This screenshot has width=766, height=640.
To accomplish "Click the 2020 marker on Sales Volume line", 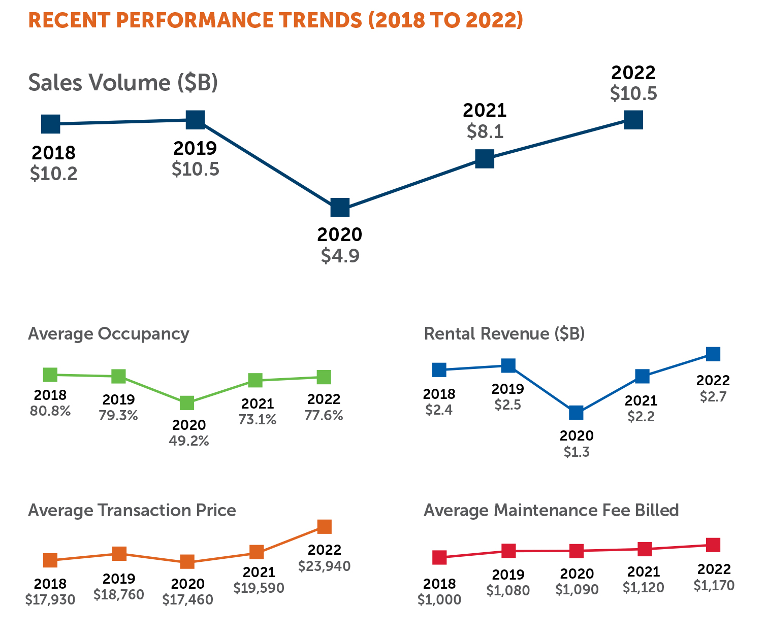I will [x=340, y=208].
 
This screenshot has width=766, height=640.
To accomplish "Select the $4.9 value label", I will [x=340, y=256].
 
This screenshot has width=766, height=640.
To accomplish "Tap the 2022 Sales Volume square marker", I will [x=633, y=120].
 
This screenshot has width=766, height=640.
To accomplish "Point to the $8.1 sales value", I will [x=485, y=132].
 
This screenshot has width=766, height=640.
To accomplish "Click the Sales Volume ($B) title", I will [x=123, y=83].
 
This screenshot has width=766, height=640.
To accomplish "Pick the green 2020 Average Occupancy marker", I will [x=187, y=403].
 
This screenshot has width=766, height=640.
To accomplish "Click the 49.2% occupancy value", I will [x=188, y=441].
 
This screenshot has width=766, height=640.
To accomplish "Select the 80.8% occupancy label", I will [x=50, y=411].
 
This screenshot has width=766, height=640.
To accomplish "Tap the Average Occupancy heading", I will [x=109, y=334].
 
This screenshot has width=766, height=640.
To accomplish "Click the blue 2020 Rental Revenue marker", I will [x=576, y=413].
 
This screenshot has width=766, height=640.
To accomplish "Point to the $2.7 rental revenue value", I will [x=713, y=396].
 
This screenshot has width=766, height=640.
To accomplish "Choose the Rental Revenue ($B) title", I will [x=504, y=334].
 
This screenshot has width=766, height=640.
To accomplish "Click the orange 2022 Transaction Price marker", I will [x=325, y=527].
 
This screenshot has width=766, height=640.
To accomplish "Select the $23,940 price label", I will [x=324, y=566].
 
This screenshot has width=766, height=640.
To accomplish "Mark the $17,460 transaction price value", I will [x=187, y=599].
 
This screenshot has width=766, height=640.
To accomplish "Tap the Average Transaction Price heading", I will [x=132, y=510].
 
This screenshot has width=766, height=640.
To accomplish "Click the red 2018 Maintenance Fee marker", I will [x=439, y=557].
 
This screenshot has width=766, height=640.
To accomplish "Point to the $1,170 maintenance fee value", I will [x=714, y=585].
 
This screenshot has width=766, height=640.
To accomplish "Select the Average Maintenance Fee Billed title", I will [x=551, y=510].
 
